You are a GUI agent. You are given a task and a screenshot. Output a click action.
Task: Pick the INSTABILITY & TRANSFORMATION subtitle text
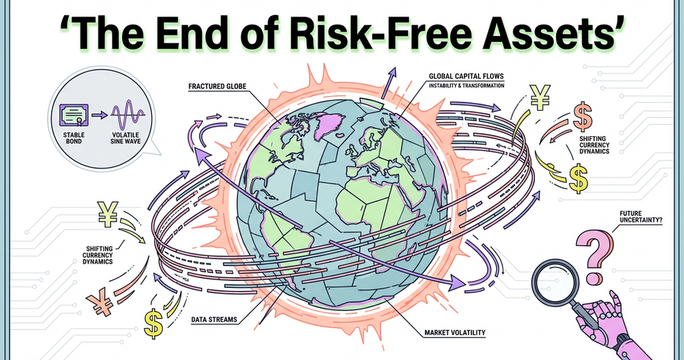(466, 86)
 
